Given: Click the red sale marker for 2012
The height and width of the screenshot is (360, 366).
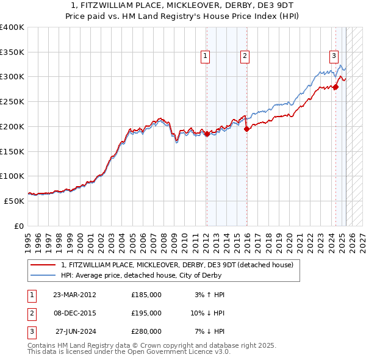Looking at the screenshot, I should (x=207, y=134).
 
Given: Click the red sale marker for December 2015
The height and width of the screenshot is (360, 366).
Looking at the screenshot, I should (x=246, y=129).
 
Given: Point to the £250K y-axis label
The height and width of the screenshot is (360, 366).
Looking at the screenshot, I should (x=12, y=101).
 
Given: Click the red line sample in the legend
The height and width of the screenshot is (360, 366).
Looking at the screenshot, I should (x=43, y=265).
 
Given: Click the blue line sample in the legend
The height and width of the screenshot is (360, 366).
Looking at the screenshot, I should (x=43, y=275).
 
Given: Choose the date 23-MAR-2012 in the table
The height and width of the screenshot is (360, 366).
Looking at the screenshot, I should (x=74, y=295).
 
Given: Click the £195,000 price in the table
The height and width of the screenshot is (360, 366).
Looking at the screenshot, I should (x=146, y=313).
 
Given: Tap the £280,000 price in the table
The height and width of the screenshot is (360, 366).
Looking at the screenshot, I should (x=146, y=331).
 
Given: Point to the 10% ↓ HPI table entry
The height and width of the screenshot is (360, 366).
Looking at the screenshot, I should (x=207, y=313).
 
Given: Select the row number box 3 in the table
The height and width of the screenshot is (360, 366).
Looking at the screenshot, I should (x=31, y=331).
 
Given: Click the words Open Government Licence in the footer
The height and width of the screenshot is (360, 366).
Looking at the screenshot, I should (x=172, y=352).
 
